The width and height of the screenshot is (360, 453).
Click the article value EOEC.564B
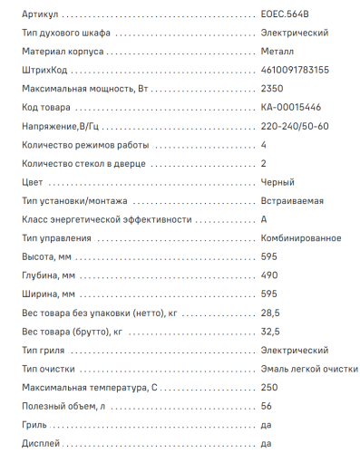coord(284,15)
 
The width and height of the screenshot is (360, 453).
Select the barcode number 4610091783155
coord(295,71)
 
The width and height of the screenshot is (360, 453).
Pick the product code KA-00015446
coord(288,108)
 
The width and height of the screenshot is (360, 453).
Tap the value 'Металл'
coord(277,53)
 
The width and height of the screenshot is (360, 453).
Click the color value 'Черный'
coord(277,182)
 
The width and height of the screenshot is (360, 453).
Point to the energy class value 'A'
coord(264,219)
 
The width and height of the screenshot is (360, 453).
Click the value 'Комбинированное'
coord(300,238)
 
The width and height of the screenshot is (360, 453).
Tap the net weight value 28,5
coord(269,313)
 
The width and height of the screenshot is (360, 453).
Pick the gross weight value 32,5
coord(269,331)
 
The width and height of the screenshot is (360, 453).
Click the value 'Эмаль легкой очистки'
coord(308,369)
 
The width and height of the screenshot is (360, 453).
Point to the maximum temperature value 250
coord(268,387)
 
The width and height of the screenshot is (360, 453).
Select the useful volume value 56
coord(266,406)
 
